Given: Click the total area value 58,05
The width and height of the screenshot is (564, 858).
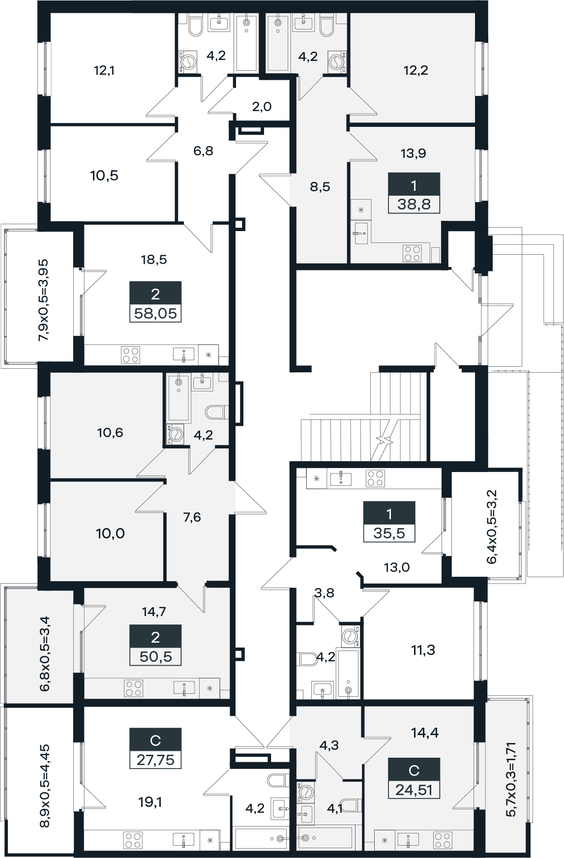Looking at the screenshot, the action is click(x=155, y=313).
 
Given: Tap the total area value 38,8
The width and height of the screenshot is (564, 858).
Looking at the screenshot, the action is click(x=414, y=205).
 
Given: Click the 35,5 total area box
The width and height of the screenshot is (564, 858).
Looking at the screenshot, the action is click(x=389, y=533).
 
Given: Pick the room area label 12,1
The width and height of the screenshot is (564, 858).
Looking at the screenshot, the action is click(x=104, y=70).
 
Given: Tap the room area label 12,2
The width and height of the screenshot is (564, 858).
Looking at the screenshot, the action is click(x=416, y=70).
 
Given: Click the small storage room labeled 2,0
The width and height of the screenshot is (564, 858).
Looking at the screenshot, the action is click(x=262, y=106).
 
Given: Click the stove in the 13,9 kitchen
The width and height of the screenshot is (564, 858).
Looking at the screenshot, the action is click(x=412, y=253).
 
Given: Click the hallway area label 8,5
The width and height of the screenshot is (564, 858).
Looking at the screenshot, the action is click(x=320, y=187).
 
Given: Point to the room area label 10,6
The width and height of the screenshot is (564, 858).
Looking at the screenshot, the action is click(x=110, y=433).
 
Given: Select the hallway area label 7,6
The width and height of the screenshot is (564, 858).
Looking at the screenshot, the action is click(x=192, y=517).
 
